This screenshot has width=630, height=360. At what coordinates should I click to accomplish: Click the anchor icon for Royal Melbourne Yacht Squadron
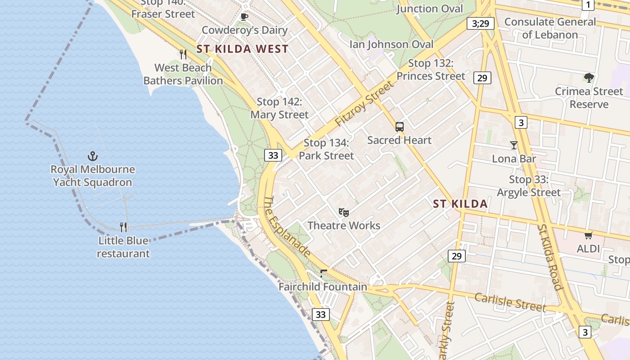tap(92, 156)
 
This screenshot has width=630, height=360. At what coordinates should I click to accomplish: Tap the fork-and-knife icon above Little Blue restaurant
tap(124, 227)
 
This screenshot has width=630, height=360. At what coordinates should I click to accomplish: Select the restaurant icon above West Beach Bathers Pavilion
tap(183, 54)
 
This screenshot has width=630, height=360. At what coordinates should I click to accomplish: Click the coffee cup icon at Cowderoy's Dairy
tap(244, 17)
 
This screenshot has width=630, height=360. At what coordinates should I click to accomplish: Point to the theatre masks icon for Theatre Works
tap(344, 212)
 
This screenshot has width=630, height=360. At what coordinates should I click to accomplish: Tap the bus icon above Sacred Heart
tap(400, 127)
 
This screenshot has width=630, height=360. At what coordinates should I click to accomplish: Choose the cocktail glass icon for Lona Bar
tap(514, 145)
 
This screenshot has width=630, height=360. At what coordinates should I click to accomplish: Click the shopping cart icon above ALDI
tap(588, 235)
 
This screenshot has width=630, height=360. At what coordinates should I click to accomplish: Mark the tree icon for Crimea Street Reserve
tap(589, 78)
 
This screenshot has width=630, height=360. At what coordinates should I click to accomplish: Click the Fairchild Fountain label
tap(323, 287)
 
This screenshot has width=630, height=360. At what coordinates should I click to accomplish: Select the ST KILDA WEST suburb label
tap(243, 49)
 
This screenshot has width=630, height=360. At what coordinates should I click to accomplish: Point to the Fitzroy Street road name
tap(364, 104)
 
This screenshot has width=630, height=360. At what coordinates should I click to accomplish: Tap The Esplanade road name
tap(287, 226)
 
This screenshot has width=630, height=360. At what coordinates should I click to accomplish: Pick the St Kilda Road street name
tap(550, 256)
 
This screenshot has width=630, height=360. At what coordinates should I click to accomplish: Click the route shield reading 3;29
tap(480, 23)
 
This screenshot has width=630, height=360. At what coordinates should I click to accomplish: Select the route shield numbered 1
tap(588, 5)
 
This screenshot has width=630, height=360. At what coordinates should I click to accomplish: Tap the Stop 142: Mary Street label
tap(279, 108)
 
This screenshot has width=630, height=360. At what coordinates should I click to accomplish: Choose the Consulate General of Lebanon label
tap(550, 28)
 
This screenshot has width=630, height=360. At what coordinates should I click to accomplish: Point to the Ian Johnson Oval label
tap(391, 44)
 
